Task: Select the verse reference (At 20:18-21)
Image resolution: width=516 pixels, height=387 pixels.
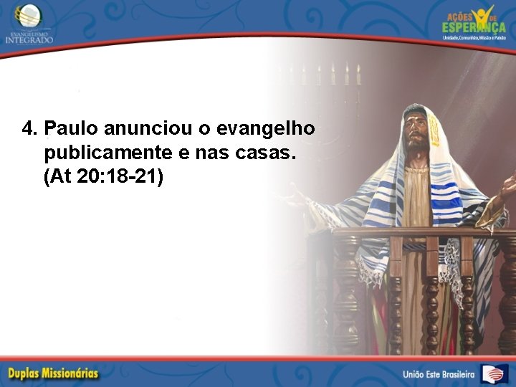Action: tap(103, 176)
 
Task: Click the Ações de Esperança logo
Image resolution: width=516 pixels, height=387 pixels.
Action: tap(474, 21)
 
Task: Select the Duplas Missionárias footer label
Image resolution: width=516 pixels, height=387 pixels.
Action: tap(54, 373)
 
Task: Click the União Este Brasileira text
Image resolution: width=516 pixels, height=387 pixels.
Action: tap(439, 374)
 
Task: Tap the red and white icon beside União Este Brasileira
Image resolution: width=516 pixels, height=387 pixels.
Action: tap(494, 373)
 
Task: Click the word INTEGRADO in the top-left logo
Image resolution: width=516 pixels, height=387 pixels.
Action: tap(29, 39)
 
